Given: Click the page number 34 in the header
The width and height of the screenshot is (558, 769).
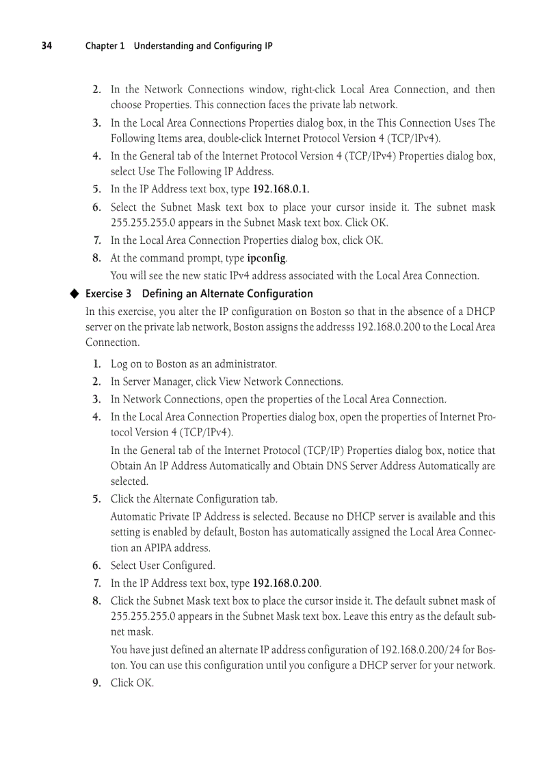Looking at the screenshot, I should pos(46,46).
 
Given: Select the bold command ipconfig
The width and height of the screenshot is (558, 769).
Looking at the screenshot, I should pos(267,258).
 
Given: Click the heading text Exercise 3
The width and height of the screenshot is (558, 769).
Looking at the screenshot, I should pos(108,294).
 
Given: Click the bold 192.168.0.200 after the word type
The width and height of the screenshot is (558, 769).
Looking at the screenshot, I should pos(287,583).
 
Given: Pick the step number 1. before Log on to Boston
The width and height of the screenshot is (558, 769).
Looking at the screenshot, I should pos(96,364).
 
